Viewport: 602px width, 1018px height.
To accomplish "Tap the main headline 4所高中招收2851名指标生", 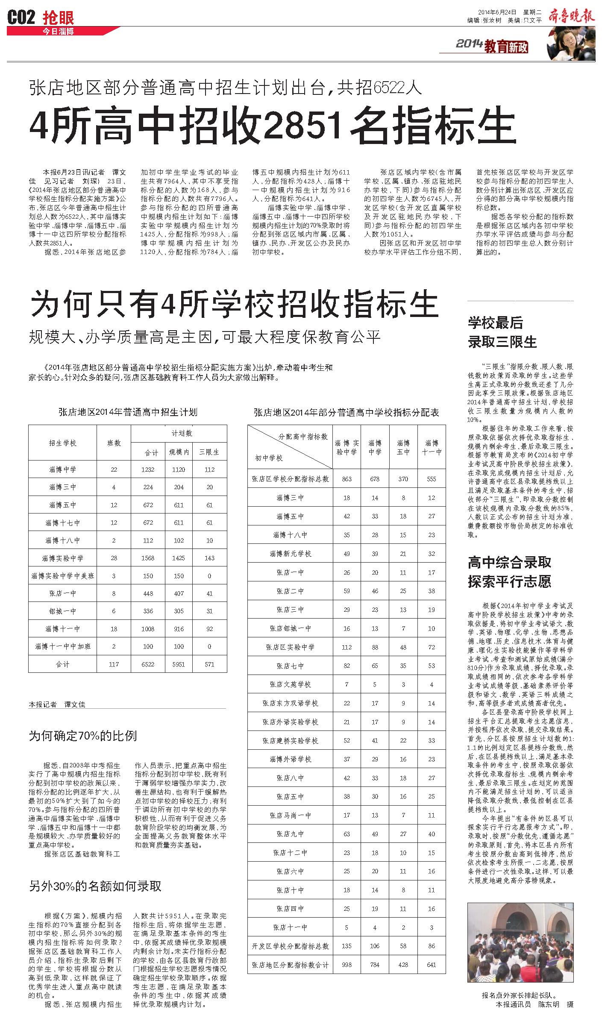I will [x=273, y=126].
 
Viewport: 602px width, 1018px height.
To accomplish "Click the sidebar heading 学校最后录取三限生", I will [x=502, y=332].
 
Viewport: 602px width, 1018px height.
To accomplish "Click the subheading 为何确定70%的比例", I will [x=83, y=736].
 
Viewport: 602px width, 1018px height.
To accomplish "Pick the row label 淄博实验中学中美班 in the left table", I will [x=63, y=576].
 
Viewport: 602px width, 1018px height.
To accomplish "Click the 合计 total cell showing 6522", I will [x=148, y=664].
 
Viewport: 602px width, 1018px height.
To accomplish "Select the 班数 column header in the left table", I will [x=114, y=443].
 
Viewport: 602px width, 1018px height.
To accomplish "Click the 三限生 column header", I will [x=209, y=452].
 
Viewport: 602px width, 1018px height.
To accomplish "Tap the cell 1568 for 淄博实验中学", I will [x=148, y=558].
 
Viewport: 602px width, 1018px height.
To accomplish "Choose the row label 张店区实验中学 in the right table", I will [x=290, y=647].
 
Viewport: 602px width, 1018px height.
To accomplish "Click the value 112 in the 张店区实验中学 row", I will [x=347, y=647].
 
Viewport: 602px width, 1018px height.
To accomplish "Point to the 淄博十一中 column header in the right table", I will [x=432, y=447].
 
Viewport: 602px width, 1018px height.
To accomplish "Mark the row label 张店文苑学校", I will [x=290, y=684].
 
